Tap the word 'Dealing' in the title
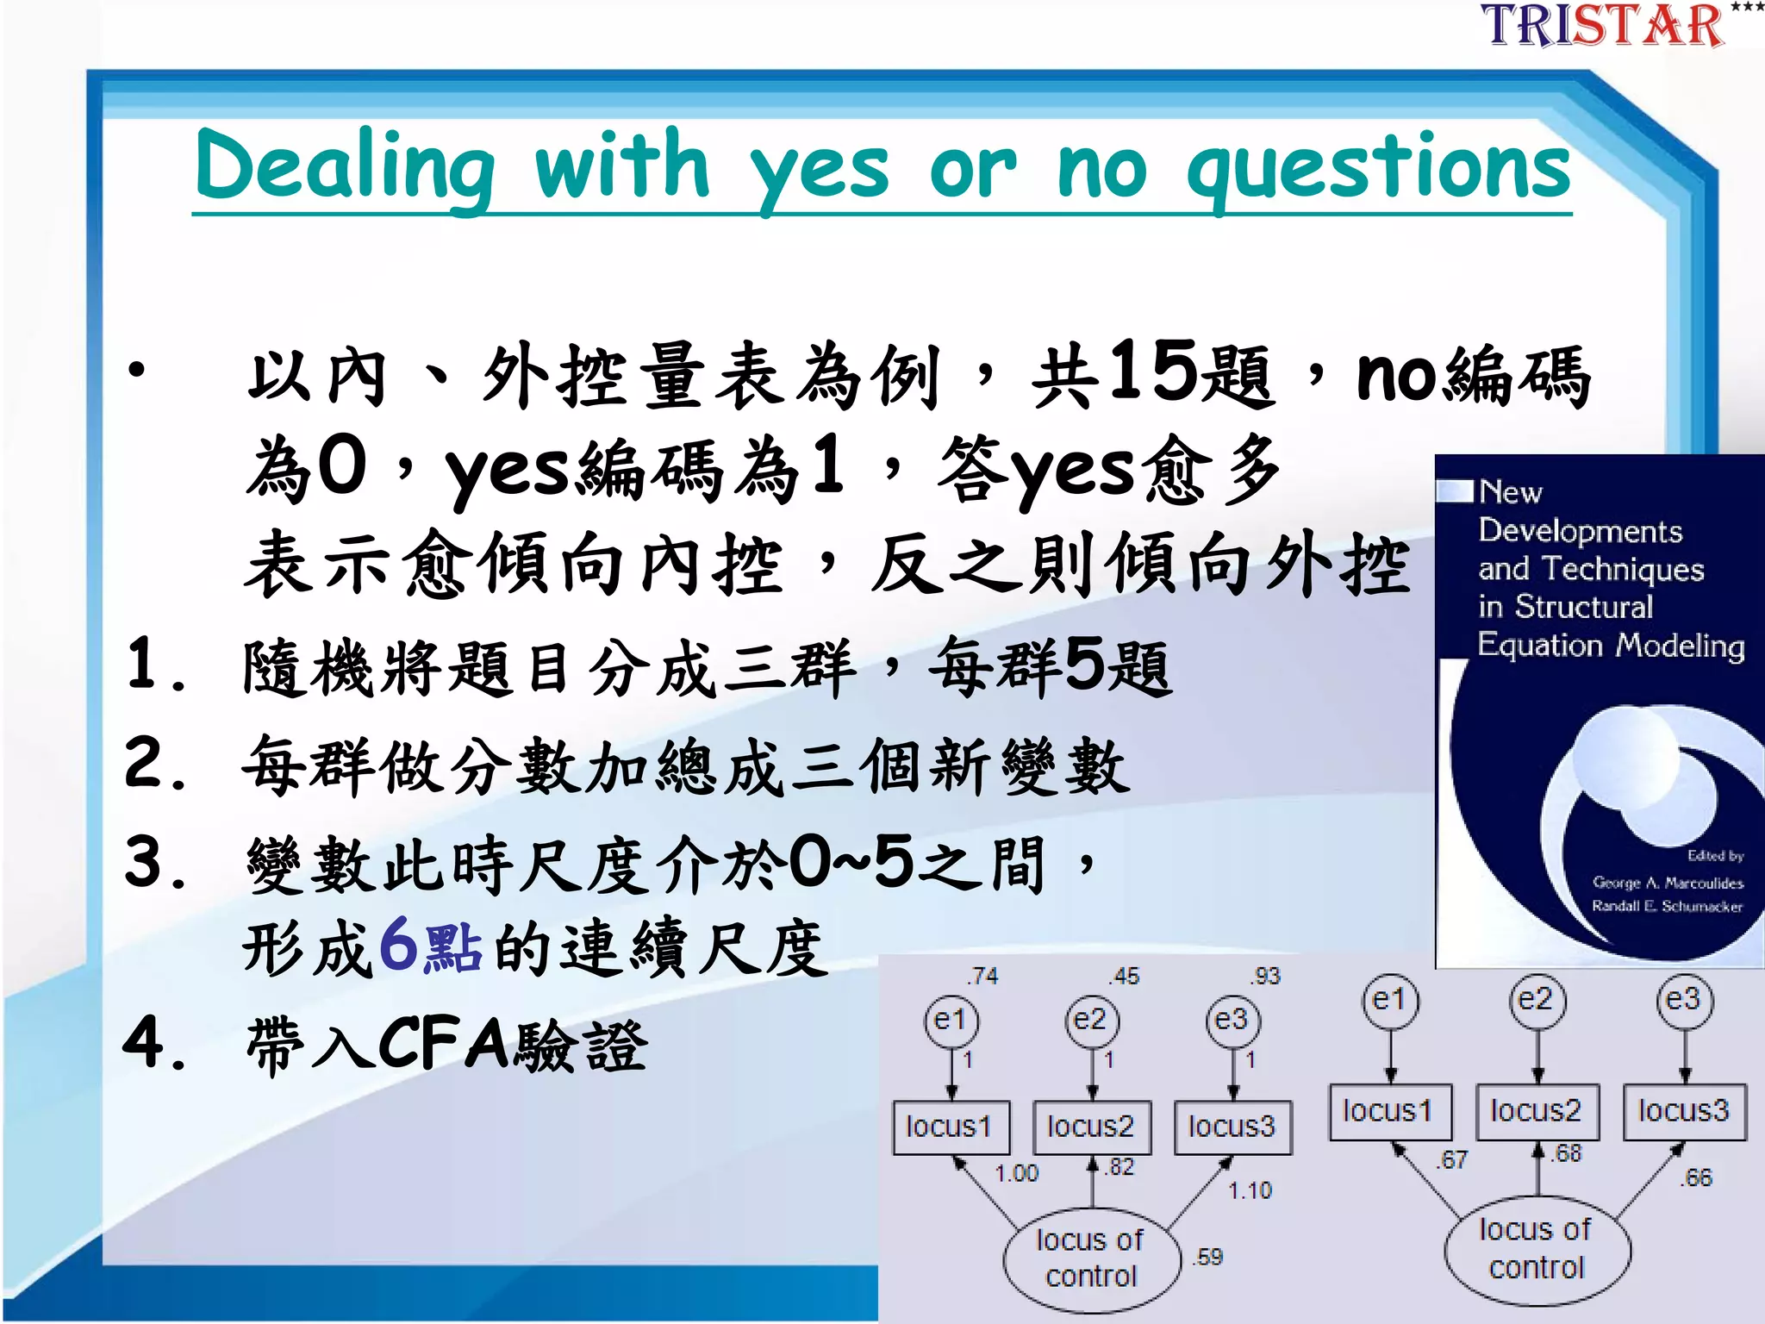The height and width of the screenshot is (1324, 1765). pyautogui.click(x=345, y=168)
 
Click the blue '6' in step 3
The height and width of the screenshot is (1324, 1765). pyautogui.click(x=398, y=944)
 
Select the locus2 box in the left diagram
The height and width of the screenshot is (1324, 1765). pyautogui.click(x=1091, y=1127)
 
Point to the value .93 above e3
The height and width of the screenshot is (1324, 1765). pyautogui.click(x=1266, y=976)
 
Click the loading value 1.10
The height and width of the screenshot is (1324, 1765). pyautogui.click(x=1250, y=1190)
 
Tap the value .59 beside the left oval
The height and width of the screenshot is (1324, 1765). pyautogui.click(x=1208, y=1257)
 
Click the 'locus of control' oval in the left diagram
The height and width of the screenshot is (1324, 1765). pyautogui.click(x=1091, y=1258)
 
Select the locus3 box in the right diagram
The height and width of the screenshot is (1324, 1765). pyautogui.click(x=1684, y=1111)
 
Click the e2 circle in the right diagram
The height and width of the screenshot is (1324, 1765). pyautogui.click(x=1537, y=1001)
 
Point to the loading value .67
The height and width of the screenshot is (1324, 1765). pyautogui.click(x=1452, y=1160)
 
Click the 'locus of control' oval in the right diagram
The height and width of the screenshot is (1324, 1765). pyautogui.click(x=1537, y=1248)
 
